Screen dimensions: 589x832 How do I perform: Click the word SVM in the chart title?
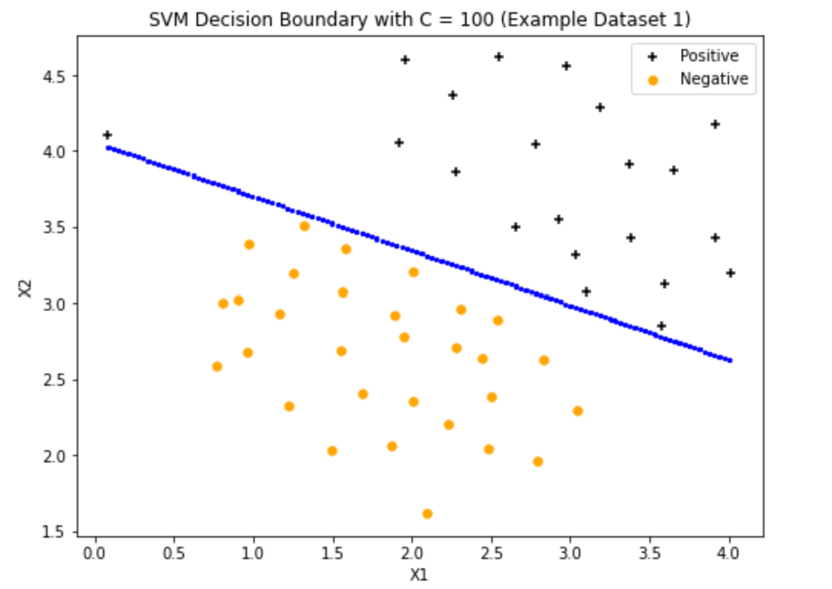pyautogui.click(x=166, y=20)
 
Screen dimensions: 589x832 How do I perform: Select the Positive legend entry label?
pyautogui.click(x=708, y=56)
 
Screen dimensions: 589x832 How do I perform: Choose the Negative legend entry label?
pyautogui.click(x=713, y=79)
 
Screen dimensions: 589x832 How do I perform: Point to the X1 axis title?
pyautogui.click(x=418, y=574)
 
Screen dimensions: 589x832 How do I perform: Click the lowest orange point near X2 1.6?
pyautogui.click(x=428, y=514)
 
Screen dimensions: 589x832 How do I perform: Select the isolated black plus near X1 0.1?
pyautogui.click(x=107, y=135)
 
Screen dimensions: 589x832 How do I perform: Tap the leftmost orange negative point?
pyautogui.click(x=217, y=367)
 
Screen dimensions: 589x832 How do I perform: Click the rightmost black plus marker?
pyautogui.click(x=731, y=273)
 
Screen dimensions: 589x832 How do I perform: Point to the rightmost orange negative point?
pyautogui.click(x=578, y=411)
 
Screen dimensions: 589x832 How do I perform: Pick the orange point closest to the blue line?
pyautogui.click(x=305, y=226)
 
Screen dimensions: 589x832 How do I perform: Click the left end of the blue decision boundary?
pyautogui.click(x=108, y=147)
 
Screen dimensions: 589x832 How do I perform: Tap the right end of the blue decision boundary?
pyautogui.click(x=729, y=360)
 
